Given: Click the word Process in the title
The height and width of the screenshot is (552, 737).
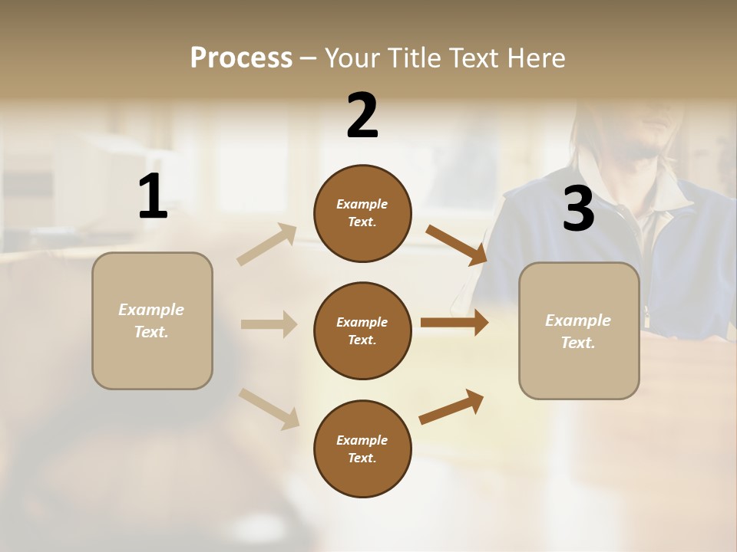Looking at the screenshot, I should coord(241,58).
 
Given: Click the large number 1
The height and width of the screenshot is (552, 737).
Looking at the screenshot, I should coord(153,197).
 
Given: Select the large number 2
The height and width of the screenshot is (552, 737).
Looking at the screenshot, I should coord(362,116).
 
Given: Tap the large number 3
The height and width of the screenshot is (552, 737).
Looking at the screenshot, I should coord(578,209).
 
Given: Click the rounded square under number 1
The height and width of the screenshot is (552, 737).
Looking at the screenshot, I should coord(152,320).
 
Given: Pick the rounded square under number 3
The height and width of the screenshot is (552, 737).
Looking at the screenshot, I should coord(579,331).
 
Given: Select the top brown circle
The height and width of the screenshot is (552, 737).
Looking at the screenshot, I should coord(362,213).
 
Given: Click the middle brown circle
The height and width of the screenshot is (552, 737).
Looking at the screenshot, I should coord(362,330).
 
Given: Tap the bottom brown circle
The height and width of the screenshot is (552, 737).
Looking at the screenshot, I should coord(362,449).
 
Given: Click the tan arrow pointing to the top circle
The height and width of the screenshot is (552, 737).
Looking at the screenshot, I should coord(266,245).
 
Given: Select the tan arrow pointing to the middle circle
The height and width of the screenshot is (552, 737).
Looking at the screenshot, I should coord(269,324).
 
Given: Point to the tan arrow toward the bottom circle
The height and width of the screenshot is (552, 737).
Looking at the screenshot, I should coord(269,408).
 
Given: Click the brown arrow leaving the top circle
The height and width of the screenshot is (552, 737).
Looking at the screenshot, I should coord(456,245).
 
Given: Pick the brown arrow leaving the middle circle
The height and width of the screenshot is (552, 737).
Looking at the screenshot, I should coord(454,323).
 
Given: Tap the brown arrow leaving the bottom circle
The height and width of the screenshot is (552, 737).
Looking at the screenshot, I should coord(451,407).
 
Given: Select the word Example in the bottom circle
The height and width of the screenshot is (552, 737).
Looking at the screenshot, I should coord(362,440).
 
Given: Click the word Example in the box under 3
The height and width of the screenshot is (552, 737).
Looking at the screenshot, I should coord(578,320).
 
